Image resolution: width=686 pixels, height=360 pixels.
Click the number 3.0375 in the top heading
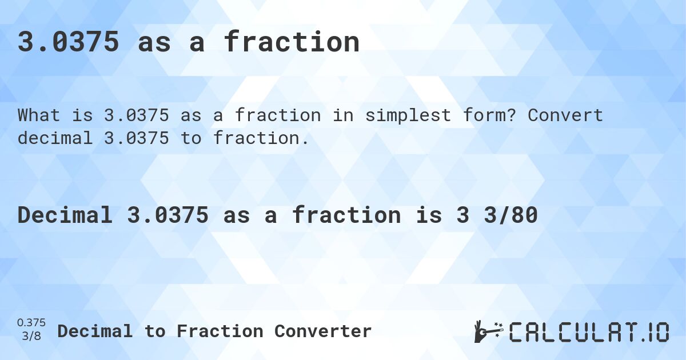pyautogui.click(x=69, y=42)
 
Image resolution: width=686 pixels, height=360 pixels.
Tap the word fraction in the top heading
pyautogui.click(x=292, y=42)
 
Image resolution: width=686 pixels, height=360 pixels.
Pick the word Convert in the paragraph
pyautogui.click(x=565, y=115)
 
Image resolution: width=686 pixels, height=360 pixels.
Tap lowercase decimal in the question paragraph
pyautogui.click(x=54, y=138)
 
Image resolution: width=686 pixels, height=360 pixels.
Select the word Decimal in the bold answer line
pyautogui.click(x=64, y=215)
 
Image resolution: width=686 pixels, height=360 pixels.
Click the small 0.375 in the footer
pyautogui.click(x=31, y=323)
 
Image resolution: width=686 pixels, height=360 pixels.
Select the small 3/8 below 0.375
pyautogui.click(x=31, y=337)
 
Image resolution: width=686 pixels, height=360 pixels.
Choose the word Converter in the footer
pyautogui.click(x=323, y=331)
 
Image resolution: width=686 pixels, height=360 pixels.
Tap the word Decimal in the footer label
pyautogui.click(x=95, y=331)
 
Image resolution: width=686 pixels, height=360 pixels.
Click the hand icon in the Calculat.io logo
pyautogui.click(x=488, y=331)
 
